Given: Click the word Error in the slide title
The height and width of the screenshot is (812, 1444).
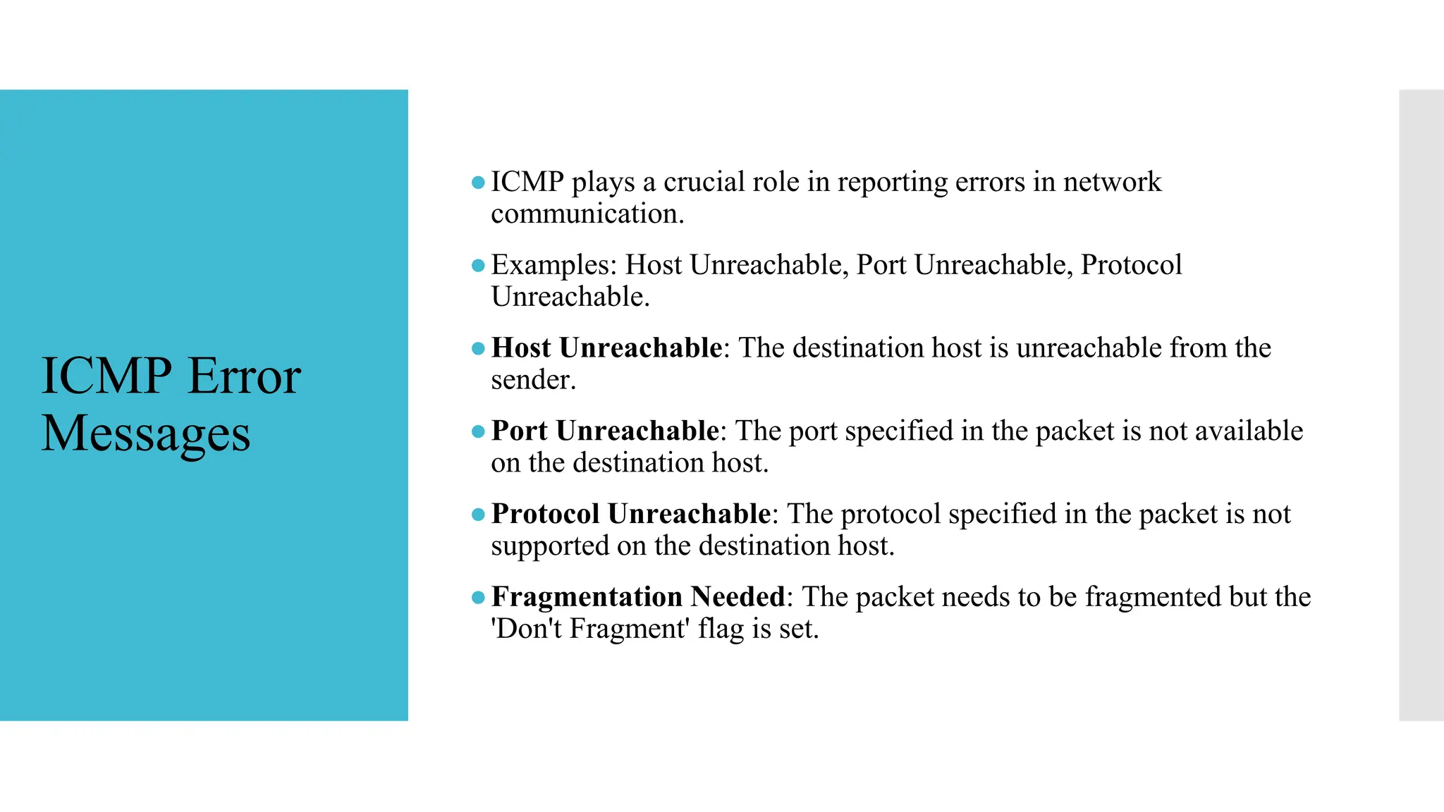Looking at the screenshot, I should coord(245,376).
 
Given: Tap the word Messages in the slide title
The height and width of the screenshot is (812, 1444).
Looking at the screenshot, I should coord(146,433).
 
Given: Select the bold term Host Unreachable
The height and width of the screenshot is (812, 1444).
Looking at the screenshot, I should coord(606,347).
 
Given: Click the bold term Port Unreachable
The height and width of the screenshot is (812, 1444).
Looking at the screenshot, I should coord(605,431).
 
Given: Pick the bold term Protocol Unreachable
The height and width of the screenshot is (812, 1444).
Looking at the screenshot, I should coord(630,514).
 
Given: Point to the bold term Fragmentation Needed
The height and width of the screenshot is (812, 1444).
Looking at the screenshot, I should coord(638,597).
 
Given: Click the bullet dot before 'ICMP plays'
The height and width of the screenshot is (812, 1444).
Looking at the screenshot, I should coord(478,183).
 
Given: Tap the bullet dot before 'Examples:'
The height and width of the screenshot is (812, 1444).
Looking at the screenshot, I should coord(478,266).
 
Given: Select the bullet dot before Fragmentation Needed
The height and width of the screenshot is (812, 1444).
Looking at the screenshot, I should coord(478,598).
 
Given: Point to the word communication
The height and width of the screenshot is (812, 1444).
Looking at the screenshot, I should coord(586,214).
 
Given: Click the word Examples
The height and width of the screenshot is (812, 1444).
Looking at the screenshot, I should coord(553,265).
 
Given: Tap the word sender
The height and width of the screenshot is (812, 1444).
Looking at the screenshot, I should coord(532,380).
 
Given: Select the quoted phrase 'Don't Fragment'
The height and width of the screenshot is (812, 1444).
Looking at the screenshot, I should coord(589,628).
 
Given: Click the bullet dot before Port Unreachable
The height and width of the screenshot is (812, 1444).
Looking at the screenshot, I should coord(478,431).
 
